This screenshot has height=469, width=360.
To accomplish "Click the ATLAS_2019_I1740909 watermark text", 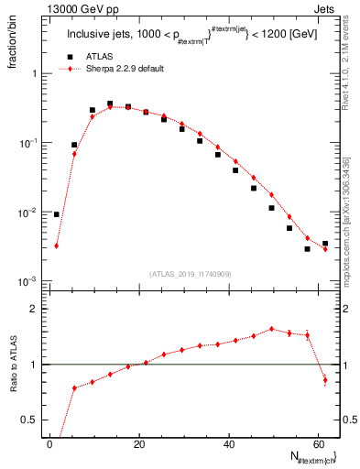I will pyautogui.click(x=191, y=274).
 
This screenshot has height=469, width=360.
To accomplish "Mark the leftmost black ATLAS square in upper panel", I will pyautogui.click(x=57, y=214).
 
